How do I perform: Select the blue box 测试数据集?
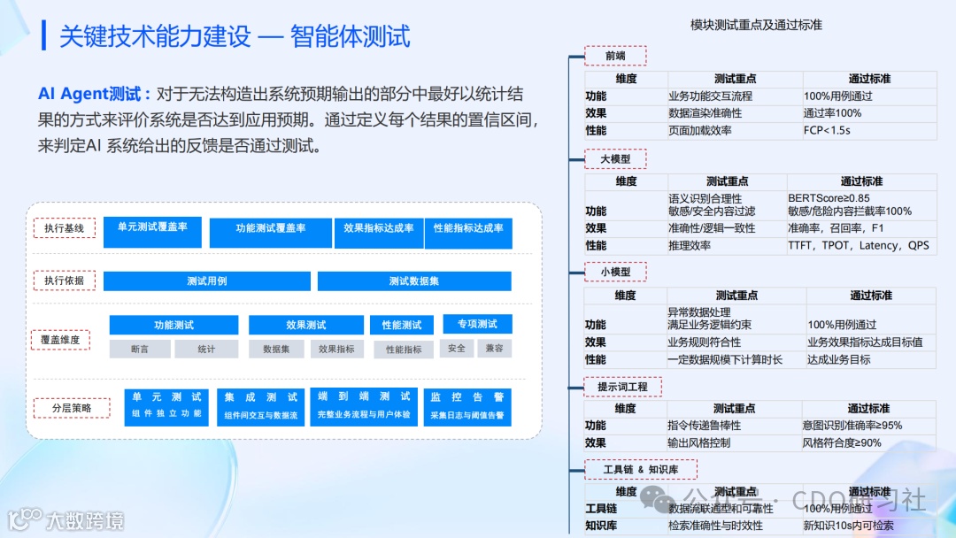(x=414, y=281)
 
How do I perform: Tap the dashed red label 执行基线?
(x=64, y=228)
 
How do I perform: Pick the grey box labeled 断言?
(x=139, y=349)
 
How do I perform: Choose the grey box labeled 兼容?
(x=494, y=349)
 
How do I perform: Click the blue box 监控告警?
(x=466, y=406)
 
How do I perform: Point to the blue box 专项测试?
(x=477, y=325)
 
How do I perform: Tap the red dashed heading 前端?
(x=615, y=56)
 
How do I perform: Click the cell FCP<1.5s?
(x=827, y=130)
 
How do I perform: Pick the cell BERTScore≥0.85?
(x=829, y=198)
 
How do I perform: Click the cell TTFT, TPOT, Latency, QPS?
(x=858, y=245)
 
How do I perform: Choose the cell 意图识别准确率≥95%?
(x=852, y=426)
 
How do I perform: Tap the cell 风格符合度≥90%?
(x=841, y=442)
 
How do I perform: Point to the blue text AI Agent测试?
(x=95, y=95)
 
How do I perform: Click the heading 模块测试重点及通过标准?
(x=756, y=26)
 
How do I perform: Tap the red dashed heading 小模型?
(x=615, y=272)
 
